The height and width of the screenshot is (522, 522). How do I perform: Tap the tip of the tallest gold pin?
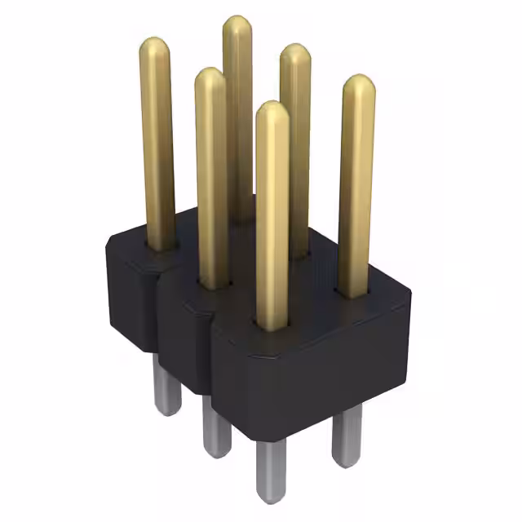tap(237, 26)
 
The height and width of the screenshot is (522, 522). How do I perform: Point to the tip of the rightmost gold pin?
tap(357, 85)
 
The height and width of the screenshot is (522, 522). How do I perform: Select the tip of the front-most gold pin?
tap(272, 113)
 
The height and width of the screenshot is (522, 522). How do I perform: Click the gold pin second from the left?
tap(210, 163)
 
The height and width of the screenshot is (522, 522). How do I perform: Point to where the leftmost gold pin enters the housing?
tap(160, 246)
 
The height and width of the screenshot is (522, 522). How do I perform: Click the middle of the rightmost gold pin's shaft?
tap(356, 188)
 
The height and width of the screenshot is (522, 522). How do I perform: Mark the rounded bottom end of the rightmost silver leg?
tap(347, 462)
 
